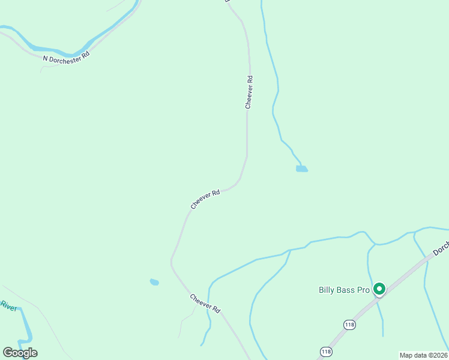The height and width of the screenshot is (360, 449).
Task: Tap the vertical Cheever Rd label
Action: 249,92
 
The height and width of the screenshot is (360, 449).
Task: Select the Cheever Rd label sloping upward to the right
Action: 205,199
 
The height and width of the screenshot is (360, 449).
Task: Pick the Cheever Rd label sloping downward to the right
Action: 205,304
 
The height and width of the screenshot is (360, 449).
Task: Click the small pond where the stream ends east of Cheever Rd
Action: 301,169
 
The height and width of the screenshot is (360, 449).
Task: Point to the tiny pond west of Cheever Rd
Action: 154,281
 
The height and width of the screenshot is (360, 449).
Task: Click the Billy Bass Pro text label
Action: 343,290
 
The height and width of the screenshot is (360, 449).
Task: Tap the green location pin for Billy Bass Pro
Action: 379,289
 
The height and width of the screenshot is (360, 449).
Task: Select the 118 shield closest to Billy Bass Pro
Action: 349,325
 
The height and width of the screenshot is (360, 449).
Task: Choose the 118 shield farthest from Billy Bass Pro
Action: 326,352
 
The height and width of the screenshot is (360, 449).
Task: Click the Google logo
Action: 20,352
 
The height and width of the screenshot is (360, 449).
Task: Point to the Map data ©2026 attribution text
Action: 423,355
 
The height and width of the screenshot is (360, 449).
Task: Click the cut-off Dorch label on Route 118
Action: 441,248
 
